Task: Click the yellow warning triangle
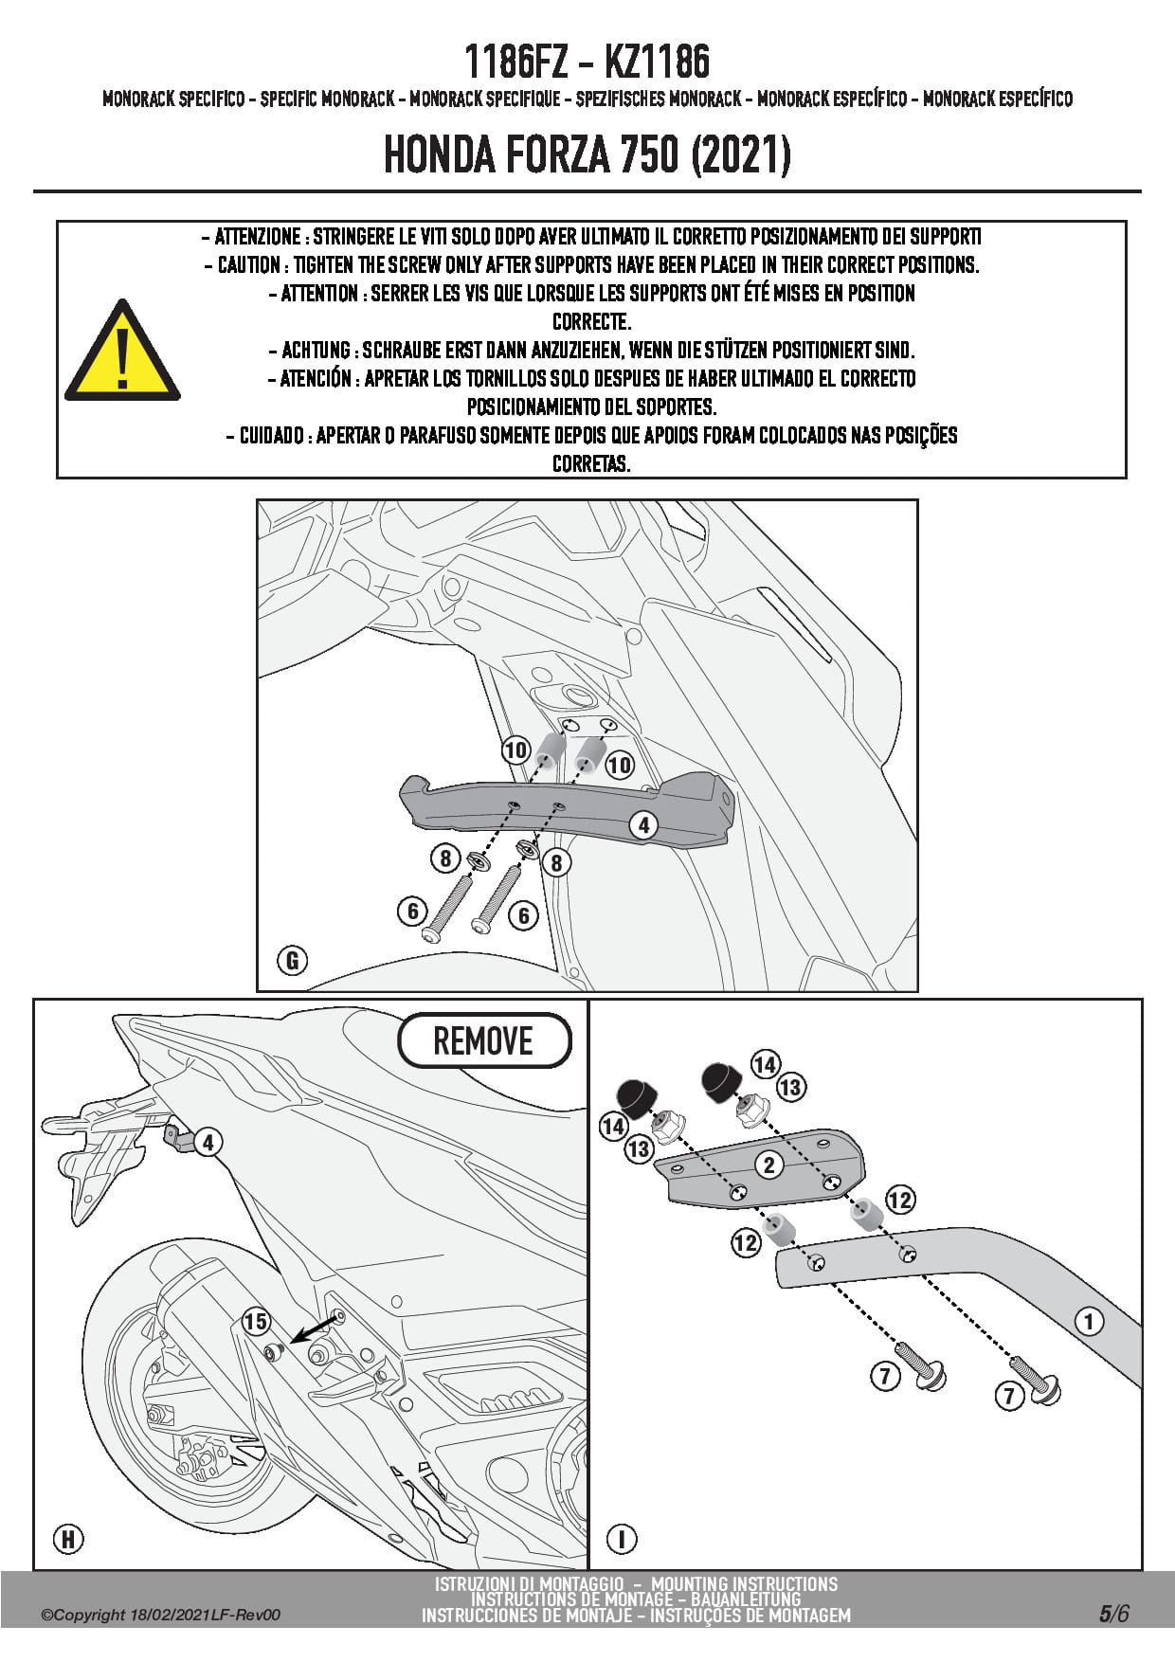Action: pyautogui.click(x=121, y=354)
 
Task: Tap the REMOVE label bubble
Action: pyautogui.click(x=483, y=1040)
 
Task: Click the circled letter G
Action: pyautogui.click(x=292, y=961)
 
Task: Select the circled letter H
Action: pyautogui.click(x=68, y=1539)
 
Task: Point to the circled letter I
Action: pyautogui.click(x=622, y=1539)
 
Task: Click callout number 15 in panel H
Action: pyautogui.click(x=255, y=1321)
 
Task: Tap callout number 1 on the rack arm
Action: pyautogui.click(x=1089, y=1321)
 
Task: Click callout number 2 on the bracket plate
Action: pyautogui.click(x=768, y=1165)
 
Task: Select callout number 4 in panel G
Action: pyautogui.click(x=643, y=825)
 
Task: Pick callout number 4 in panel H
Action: pyautogui.click(x=208, y=1142)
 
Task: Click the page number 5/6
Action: pyautogui.click(x=1114, y=1614)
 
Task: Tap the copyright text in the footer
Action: pyautogui.click(x=160, y=1616)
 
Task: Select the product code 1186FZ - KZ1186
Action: pyautogui.click(x=587, y=63)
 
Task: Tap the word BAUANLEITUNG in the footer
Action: pyautogui.click(x=746, y=1600)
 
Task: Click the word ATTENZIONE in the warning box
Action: pyautogui.click(x=257, y=237)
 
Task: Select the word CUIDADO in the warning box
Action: pyautogui.click(x=271, y=436)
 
